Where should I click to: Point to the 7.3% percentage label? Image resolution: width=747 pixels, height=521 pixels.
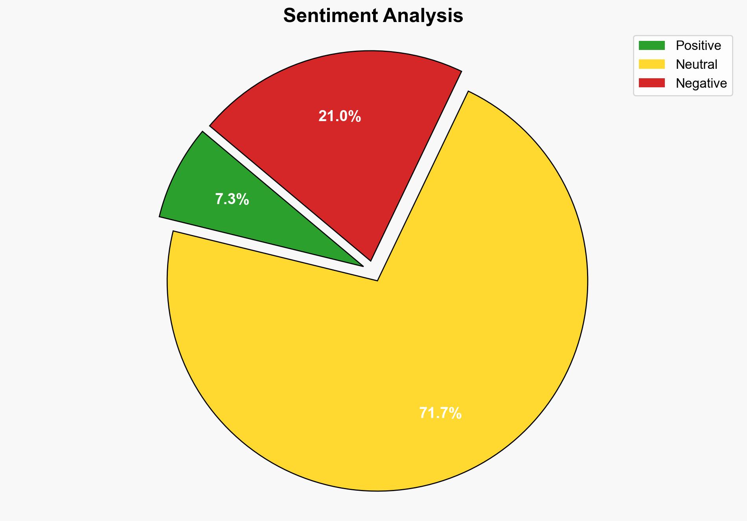point(232,199)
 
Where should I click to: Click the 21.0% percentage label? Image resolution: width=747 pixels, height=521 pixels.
point(340,116)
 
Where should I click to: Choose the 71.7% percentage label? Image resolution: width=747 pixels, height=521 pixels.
point(440,413)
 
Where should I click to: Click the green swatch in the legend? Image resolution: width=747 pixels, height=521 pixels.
point(651,46)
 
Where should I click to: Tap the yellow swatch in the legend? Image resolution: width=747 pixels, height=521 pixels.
point(651,64)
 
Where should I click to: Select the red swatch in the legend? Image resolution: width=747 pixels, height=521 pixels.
point(651,83)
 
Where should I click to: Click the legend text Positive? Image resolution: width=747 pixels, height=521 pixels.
point(698,46)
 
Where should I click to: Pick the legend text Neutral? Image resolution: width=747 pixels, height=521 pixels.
point(696,64)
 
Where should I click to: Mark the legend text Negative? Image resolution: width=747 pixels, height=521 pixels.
point(701,83)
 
